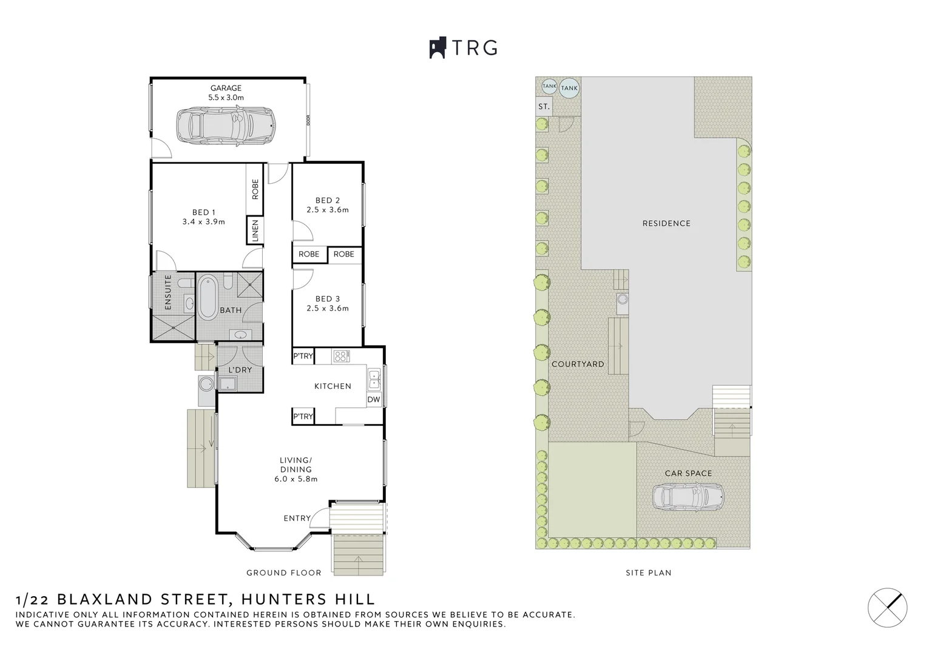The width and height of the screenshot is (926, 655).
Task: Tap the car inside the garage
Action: (x=225, y=126)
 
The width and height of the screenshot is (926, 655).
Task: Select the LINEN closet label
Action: (x=255, y=230)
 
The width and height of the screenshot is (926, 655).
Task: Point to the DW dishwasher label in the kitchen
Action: (x=374, y=400)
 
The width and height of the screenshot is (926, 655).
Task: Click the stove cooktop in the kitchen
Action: (x=340, y=357)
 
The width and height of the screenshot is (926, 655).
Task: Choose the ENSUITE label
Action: (x=168, y=292)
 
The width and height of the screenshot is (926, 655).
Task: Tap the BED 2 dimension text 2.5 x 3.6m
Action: (x=328, y=210)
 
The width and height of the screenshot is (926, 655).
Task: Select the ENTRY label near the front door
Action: (x=297, y=518)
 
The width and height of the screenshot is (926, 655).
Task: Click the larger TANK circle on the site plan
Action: (x=569, y=89)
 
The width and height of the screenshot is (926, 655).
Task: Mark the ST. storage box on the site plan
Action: (x=544, y=107)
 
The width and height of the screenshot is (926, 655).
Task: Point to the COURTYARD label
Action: (x=578, y=364)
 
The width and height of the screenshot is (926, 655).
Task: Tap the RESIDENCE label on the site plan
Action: (x=666, y=223)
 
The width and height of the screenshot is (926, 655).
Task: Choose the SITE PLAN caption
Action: (x=648, y=573)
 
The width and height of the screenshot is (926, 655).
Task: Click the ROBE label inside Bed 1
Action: (x=255, y=189)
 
